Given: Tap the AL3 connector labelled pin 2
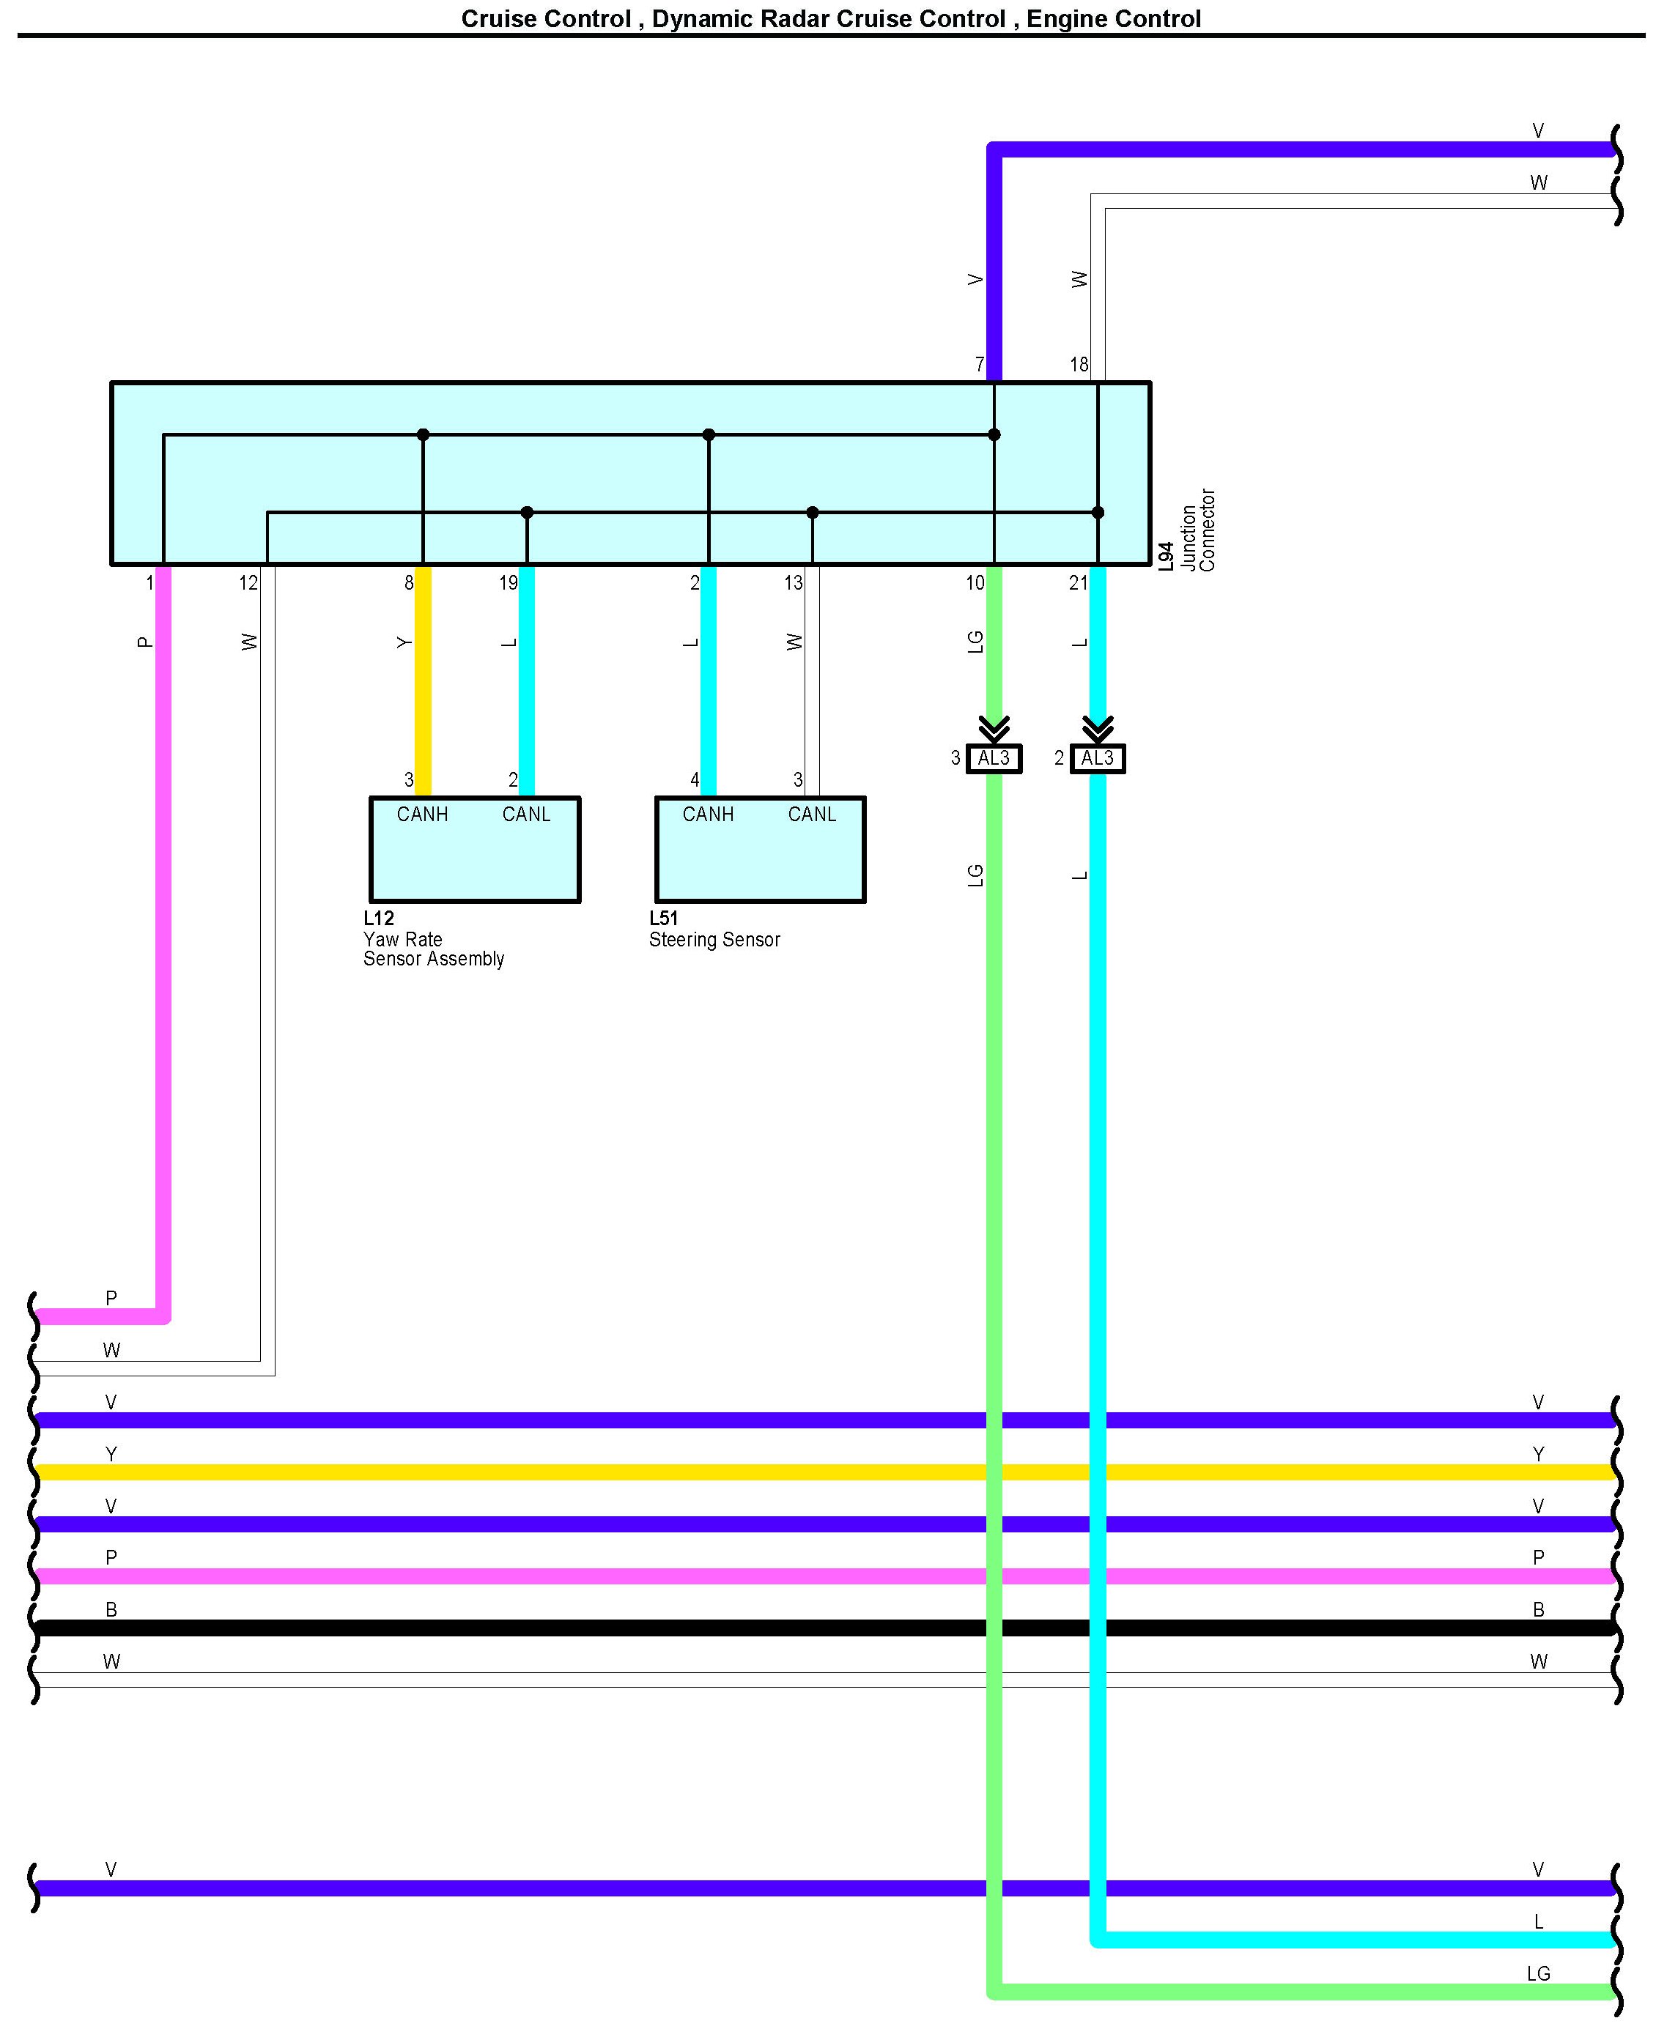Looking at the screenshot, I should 1097,758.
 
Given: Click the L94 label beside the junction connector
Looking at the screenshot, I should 1165,557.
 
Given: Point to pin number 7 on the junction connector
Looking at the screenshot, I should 979,364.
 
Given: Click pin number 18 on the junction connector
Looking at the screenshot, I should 1079,364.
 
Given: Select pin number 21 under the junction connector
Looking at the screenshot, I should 1078,582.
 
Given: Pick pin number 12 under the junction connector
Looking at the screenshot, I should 248,582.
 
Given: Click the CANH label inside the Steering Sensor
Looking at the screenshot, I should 708,815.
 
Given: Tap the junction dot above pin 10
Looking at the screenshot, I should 994,435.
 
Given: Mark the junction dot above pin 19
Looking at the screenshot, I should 527,512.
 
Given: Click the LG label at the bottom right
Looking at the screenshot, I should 1538,1974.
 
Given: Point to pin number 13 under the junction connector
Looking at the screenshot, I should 793,582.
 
